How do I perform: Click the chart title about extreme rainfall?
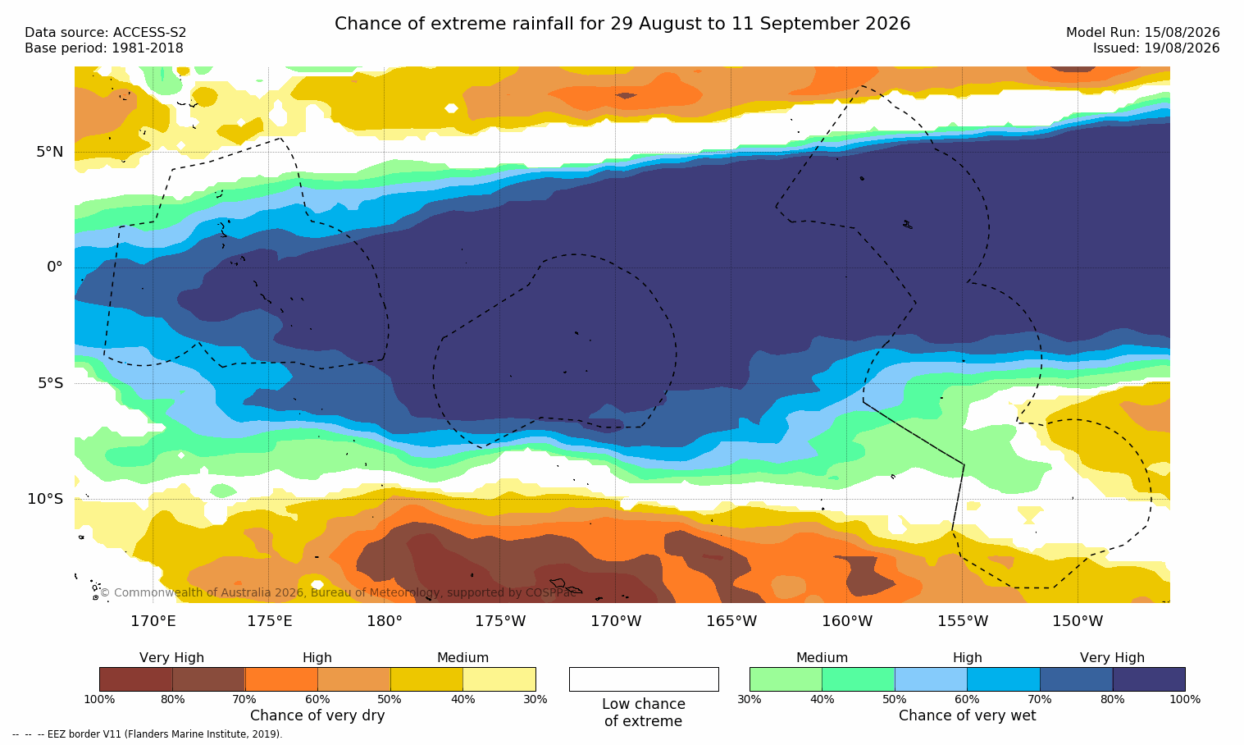[622, 24]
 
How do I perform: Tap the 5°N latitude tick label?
[50, 152]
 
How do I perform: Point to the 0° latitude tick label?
[54, 267]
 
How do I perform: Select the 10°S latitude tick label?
[46, 499]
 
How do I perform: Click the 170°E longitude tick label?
[153, 621]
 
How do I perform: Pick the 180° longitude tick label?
[385, 621]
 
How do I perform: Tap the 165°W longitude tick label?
[731, 621]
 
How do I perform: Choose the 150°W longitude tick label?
[1078, 621]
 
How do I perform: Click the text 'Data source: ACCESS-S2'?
[106, 33]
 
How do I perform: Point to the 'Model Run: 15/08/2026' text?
[1143, 33]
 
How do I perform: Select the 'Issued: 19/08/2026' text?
[1156, 48]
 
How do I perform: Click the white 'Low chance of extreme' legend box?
[644, 679]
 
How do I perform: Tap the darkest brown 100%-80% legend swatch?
[136, 679]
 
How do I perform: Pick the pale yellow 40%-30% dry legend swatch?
[499, 679]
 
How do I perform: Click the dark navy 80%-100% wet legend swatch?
[1149, 679]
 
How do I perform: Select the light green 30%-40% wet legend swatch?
[786, 679]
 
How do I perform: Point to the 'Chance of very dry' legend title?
[317, 715]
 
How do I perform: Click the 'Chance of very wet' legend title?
[967, 715]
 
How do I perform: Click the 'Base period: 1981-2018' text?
[104, 48]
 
